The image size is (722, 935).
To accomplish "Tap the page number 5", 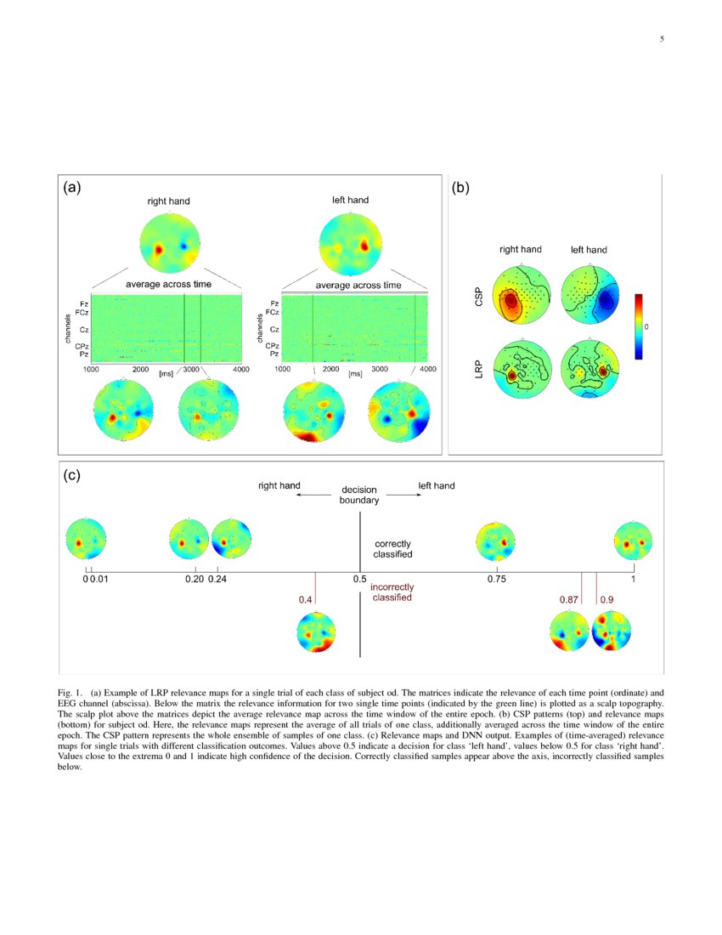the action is (661, 39).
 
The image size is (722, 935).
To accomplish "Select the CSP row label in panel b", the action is (481, 296).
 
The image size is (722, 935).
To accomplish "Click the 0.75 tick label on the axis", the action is (497, 579).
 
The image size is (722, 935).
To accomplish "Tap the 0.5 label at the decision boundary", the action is (359, 579).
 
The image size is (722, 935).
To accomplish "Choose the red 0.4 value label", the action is (305, 600).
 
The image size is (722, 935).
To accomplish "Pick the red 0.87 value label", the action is (569, 600).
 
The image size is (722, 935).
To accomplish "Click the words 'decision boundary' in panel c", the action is (359, 496).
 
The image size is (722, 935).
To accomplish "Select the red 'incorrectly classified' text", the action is (392, 592).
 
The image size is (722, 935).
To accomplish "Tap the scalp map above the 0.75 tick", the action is (495, 541).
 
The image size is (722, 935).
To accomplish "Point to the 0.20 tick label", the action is (195, 579).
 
